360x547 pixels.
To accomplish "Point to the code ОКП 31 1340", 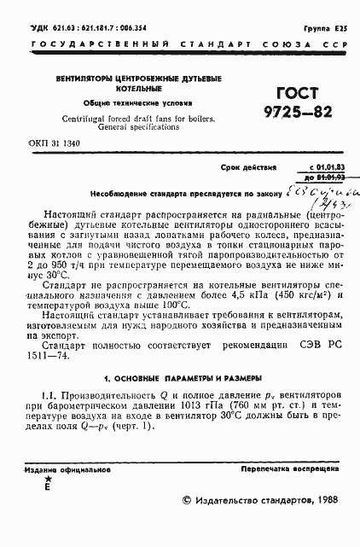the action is (55, 143).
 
